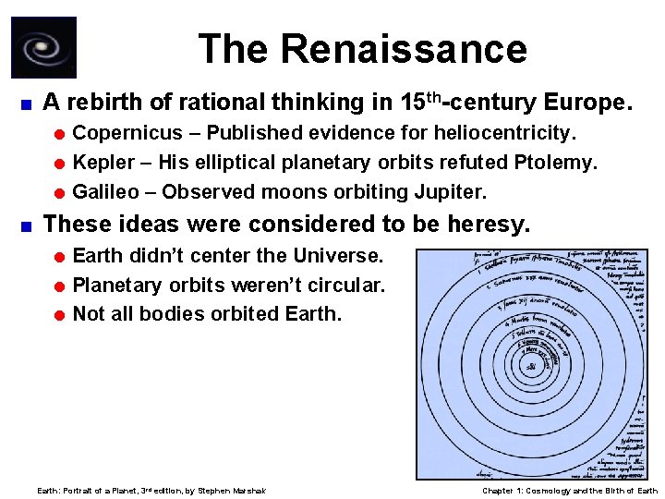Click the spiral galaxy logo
43,47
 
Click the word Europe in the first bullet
586,99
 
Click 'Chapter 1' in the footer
503,491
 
